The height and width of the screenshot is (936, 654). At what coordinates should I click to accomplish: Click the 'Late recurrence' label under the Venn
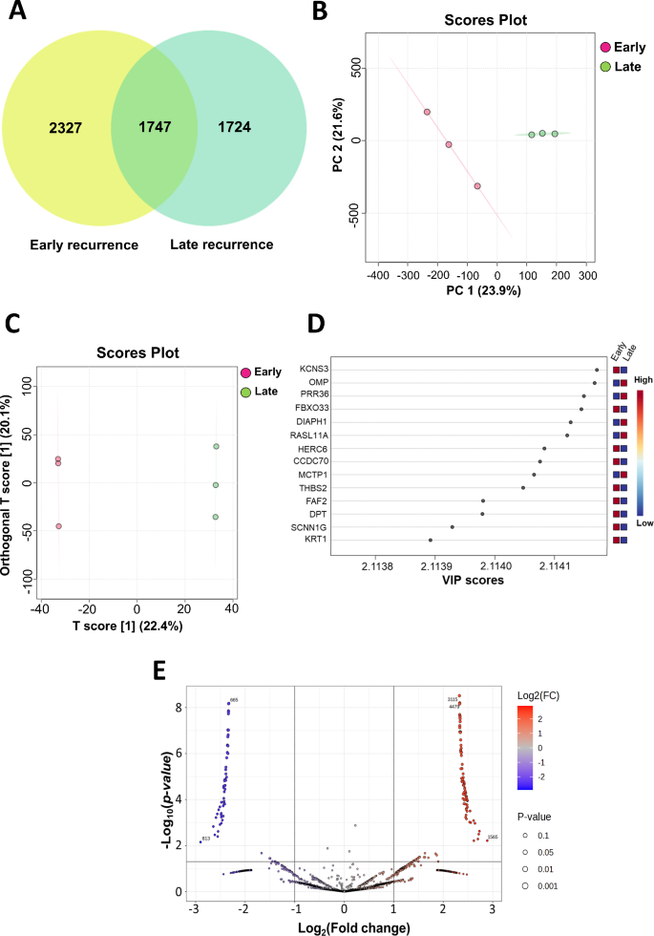[222, 245]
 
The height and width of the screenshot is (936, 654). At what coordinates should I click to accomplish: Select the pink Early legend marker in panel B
[604, 47]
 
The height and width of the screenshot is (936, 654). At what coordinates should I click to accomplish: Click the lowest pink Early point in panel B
[477, 186]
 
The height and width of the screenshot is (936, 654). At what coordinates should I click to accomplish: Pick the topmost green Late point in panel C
[217, 447]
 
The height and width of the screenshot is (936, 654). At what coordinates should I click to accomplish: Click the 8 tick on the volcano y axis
[178, 708]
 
